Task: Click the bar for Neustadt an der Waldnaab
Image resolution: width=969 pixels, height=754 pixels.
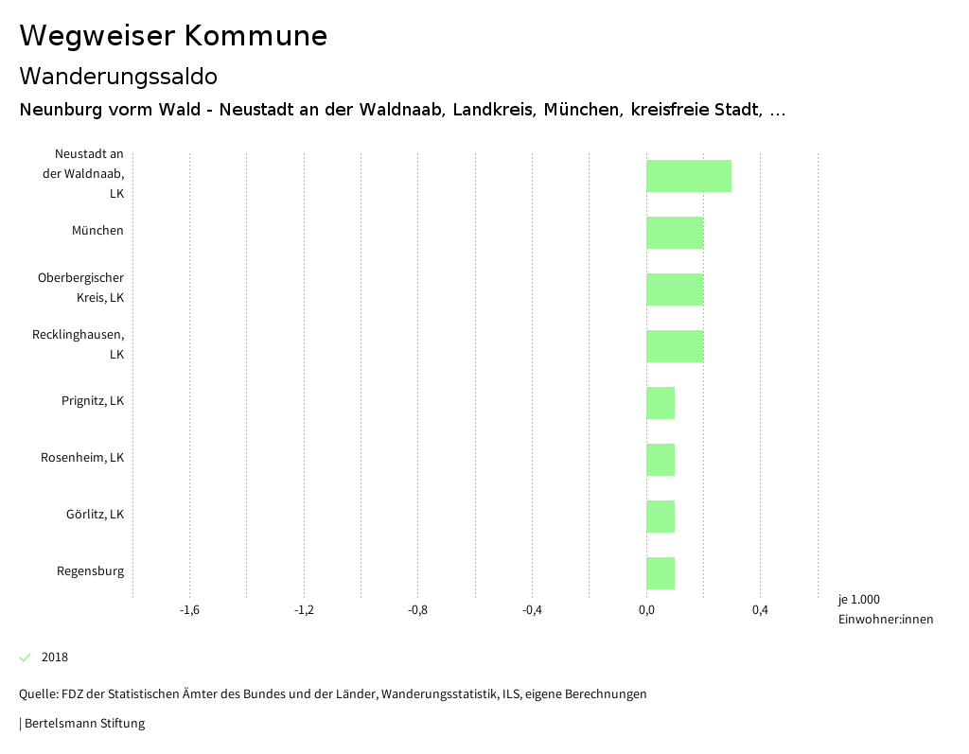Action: pos(688,176)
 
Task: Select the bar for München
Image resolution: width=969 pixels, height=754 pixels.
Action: pos(675,233)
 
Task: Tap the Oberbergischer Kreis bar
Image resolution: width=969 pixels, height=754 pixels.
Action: pos(675,289)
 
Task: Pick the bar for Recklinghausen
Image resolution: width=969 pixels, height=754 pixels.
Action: pos(675,346)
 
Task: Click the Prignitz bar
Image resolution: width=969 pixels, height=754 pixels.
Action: pos(661,403)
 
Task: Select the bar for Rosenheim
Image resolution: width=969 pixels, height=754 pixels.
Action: pos(661,460)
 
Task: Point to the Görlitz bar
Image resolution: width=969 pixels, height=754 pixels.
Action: pos(661,517)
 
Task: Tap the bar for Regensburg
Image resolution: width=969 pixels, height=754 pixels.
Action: pos(661,573)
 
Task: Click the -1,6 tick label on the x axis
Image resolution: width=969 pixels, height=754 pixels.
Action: pos(189,610)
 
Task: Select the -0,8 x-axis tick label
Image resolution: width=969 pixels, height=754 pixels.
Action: pos(417,610)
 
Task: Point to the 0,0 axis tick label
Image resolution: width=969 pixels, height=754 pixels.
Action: pos(646,610)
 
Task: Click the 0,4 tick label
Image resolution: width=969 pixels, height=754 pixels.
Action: pos(760,610)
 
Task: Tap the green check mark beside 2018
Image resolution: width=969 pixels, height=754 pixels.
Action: pos(26,658)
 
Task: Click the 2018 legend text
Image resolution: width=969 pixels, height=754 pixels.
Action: pos(55,658)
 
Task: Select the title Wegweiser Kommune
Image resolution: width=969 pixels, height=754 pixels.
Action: pos(173,36)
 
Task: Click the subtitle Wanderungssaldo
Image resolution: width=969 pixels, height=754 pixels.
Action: pos(118,76)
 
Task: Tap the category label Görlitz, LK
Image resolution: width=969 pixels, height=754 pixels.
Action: pos(95,515)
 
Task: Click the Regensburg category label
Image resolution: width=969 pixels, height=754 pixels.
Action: pos(90,571)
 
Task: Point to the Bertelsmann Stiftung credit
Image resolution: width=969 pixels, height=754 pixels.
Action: pos(83,724)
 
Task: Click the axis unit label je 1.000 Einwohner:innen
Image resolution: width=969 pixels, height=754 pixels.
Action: pos(885,609)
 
